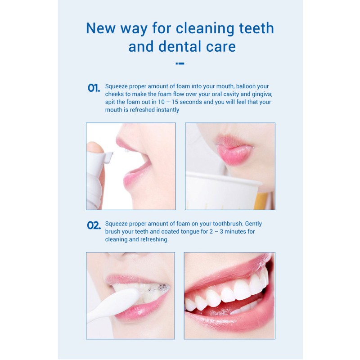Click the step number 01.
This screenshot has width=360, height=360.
click(x=94, y=88)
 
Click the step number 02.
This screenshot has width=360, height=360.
click(x=94, y=225)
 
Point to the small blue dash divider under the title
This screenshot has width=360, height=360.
click(x=180, y=63)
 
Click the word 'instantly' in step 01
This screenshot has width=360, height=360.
click(x=165, y=110)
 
